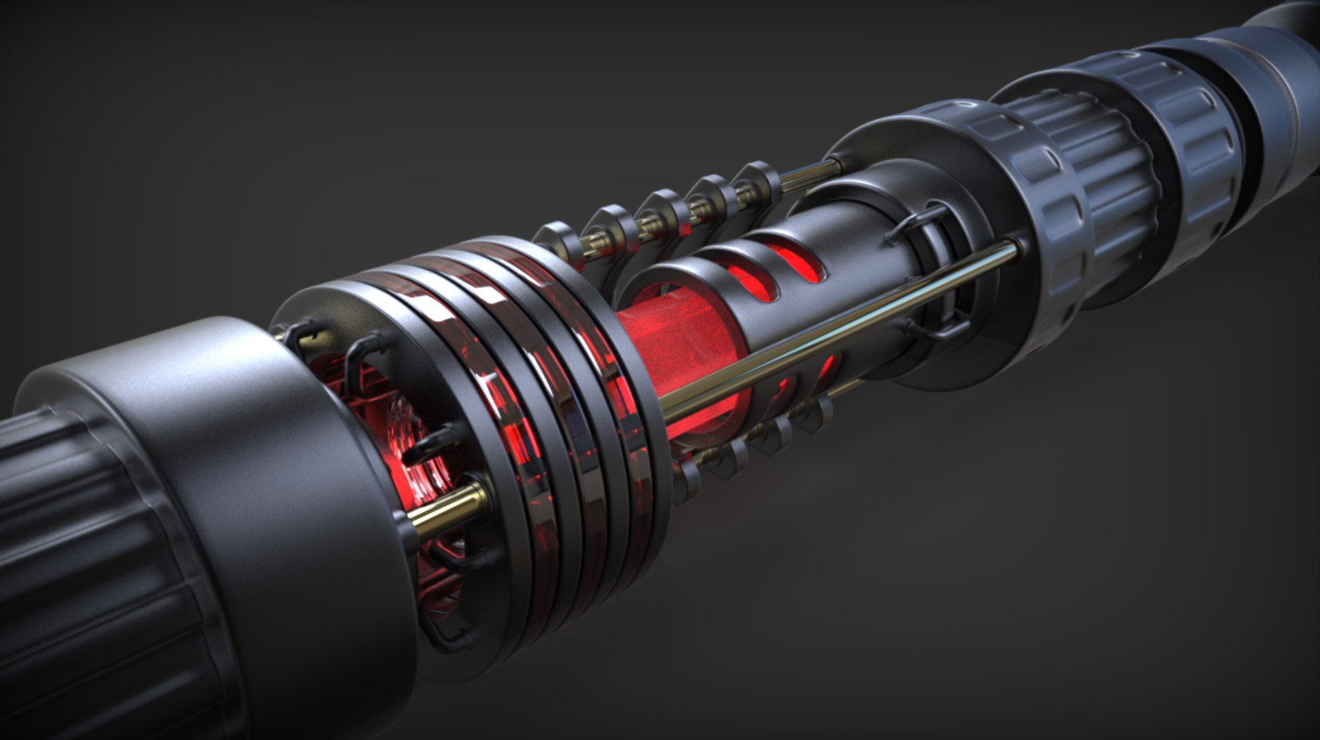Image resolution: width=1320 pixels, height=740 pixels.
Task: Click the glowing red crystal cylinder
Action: click(681, 358)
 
